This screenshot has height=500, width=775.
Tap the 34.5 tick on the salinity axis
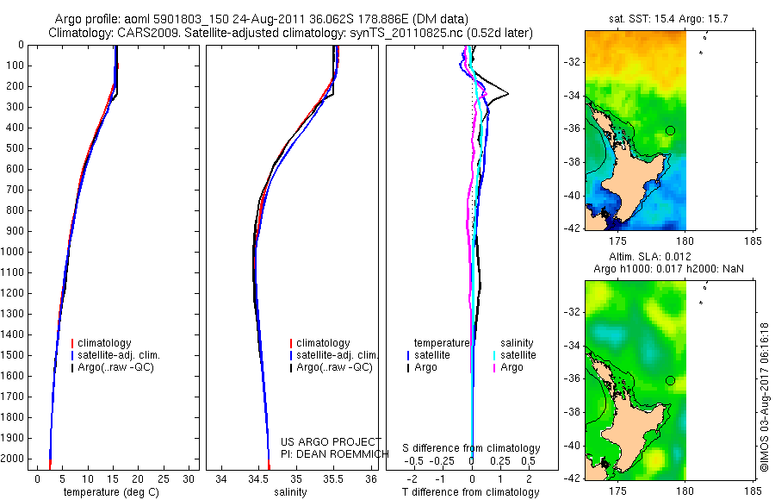258,478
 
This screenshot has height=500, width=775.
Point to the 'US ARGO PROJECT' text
331,441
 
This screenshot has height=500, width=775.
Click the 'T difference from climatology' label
470,492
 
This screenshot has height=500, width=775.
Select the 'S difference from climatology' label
472,448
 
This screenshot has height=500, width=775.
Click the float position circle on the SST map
670,130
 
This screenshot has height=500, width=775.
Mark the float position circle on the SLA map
670,380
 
